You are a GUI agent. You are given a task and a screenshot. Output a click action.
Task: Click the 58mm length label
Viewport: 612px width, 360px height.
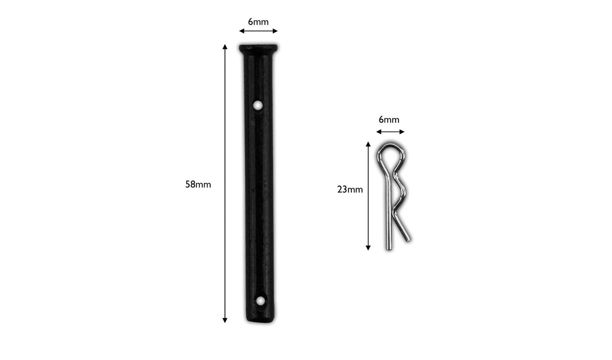(198, 185)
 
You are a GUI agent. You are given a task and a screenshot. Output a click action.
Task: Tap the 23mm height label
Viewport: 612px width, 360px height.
(350, 190)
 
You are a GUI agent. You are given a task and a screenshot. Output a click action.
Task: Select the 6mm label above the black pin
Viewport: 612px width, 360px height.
(258, 22)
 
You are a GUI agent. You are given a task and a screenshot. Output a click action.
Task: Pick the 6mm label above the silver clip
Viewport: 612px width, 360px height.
(389, 119)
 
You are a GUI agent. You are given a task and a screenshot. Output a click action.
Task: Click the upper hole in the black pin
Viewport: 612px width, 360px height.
(258, 105)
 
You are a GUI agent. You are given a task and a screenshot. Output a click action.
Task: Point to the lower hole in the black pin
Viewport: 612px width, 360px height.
(260, 301)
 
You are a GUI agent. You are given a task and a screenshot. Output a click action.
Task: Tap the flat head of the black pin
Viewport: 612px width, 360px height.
(258, 49)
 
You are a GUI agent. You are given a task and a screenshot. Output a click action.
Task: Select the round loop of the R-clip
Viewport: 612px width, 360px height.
(390, 146)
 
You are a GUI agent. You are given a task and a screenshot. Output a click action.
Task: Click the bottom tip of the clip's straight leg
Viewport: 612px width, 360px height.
(389, 249)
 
